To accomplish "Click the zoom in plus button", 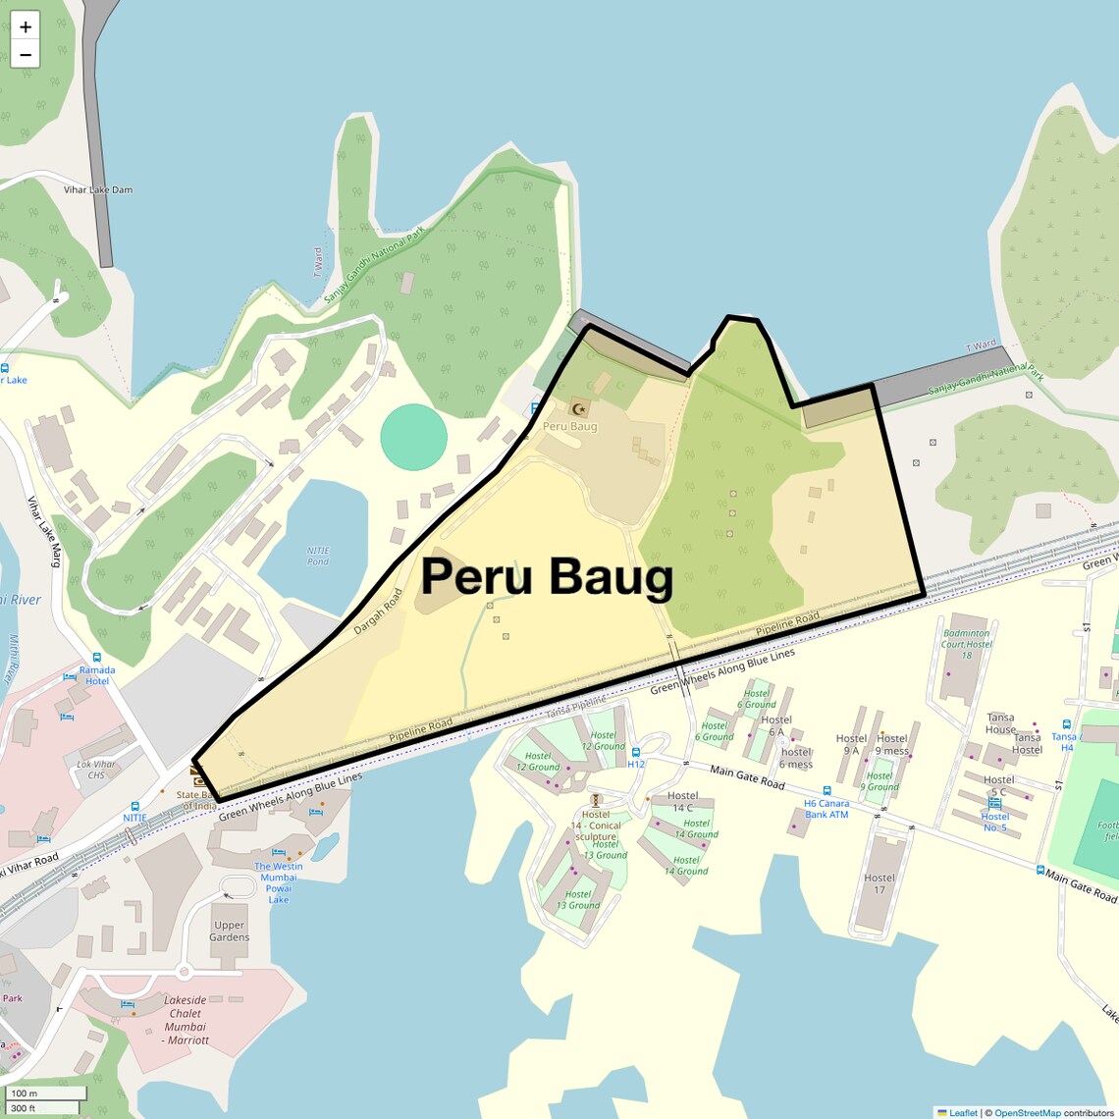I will coord(26,27).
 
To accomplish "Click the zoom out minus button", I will coord(26,55).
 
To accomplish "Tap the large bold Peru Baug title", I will coord(547,576).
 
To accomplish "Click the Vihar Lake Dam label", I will coord(97,189).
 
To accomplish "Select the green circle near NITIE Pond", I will coord(413,437).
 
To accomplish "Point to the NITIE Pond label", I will coord(318,556).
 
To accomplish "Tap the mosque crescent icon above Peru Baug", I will coord(579,408).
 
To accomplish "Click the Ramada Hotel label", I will coord(97,675).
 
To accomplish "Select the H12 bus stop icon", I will coord(636,753).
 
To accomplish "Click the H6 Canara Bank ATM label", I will coord(826,809).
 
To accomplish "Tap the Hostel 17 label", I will coord(879,883).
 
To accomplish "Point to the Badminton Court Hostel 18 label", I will coord(966,644).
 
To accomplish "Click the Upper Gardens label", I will coord(229,931).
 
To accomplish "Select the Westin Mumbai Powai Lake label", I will coord(279,882).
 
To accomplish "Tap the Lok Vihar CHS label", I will coord(96,770).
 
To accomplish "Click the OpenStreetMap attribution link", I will coord(1027,1112).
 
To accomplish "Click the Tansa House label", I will coord(1000,723).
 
